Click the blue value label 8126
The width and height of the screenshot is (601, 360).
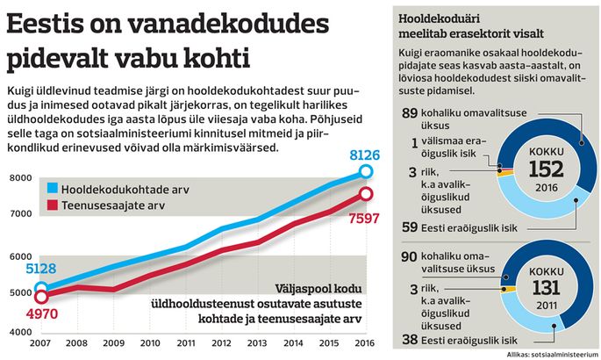[x=364, y=155]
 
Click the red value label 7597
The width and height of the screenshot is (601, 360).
[x=364, y=219]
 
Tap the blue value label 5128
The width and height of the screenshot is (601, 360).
[x=41, y=269]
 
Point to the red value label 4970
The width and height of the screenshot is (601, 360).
[x=42, y=314]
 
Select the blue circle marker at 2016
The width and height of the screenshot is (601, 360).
[x=366, y=171]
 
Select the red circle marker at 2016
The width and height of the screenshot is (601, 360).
[x=366, y=194]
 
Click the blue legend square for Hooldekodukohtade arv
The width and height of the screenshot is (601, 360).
[x=53, y=188]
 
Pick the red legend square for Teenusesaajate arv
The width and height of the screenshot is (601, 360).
[x=53, y=205]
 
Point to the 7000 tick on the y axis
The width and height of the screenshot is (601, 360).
[x=21, y=213]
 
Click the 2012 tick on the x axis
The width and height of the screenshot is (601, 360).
[x=222, y=342]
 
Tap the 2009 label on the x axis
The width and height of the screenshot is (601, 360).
[x=114, y=342]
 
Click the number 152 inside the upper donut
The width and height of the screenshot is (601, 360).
[x=547, y=169]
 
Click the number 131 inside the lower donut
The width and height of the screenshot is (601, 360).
[x=547, y=288]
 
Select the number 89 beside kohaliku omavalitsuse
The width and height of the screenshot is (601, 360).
[x=410, y=113]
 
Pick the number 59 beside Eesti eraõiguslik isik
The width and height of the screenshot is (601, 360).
[x=410, y=227]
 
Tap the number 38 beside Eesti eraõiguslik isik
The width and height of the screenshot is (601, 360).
[x=410, y=339]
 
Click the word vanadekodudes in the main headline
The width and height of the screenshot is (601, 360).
[x=228, y=24]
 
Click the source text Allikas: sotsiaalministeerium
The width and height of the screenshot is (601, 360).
[x=553, y=355]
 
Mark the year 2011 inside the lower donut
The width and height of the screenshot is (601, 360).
[x=547, y=306]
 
